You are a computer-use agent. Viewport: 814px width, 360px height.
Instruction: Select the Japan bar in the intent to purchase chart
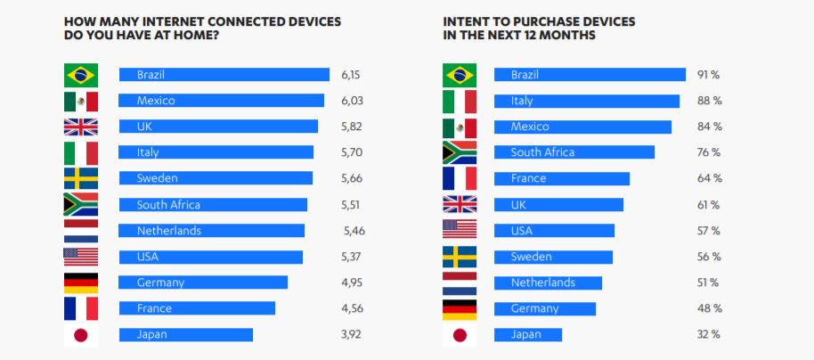pyautogui.click(x=528, y=335)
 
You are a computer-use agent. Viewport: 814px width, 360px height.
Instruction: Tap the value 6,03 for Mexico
pyautogui.click(x=352, y=101)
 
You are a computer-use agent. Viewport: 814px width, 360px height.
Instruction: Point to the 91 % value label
pyautogui.click(x=709, y=75)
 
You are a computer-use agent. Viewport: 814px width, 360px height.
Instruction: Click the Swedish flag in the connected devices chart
pyautogui.click(x=81, y=178)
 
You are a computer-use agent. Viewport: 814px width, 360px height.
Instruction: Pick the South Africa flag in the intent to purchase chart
pyautogui.click(x=460, y=152)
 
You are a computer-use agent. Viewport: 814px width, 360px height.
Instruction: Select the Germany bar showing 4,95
pyautogui.click(x=203, y=282)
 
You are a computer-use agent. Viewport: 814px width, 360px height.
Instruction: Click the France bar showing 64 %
pyautogui.click(x=562, y=178)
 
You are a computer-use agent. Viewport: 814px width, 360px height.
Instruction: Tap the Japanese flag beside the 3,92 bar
pyautogui.click(x=81, y=335)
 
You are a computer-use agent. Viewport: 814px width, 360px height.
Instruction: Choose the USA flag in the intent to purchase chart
pyautogui.click(x=460, y=230)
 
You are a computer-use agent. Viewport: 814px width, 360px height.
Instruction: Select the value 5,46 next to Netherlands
pyautogui.click(x=354, y=231)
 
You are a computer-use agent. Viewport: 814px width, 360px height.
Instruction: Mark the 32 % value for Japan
pyautogui.click(x=709, y=335)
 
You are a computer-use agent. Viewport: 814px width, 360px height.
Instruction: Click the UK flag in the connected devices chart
pyautogui.click(x=81, y=127)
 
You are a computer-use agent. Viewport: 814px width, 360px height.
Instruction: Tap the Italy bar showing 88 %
pyautogui.click(x=587, y=101)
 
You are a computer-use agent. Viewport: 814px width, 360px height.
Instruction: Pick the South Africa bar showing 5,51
pyautogui.click(x=213, y=205)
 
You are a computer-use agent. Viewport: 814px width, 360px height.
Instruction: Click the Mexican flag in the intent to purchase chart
pyautogui.click(x=460, y=127)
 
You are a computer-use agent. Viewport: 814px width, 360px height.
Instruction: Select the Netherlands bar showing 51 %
pyautogui.click(x=548, y=282)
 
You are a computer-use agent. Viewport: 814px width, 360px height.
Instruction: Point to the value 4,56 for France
pyautogui.click(x=352, y=308)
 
